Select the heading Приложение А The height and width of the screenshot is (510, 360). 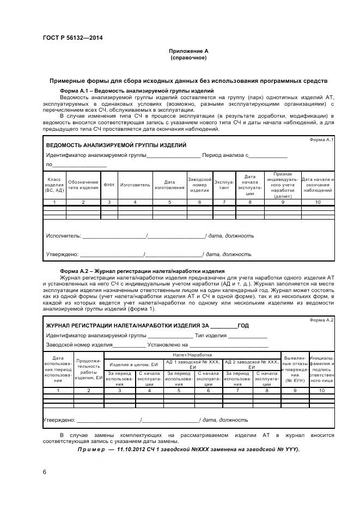(188, 51)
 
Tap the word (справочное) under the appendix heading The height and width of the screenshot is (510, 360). (188, 57)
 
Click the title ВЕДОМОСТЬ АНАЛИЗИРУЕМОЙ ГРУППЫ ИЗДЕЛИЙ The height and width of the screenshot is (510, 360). (116, 145)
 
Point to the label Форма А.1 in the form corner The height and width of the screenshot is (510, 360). (321, 140)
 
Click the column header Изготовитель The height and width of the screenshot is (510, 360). (135, 185)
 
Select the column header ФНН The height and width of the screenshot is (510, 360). (109, 185)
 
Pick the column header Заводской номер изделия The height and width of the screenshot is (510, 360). (199, 185)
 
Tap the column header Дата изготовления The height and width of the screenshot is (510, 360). (169, 185)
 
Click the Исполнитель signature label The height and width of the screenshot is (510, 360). (63, 236)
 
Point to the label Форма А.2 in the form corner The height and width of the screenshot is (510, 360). (321, 320)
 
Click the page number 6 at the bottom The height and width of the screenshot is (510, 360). (44, 471)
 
